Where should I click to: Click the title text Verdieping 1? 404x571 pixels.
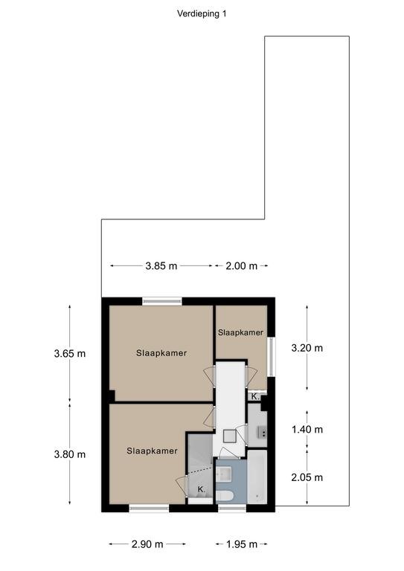click(x=202, y=14)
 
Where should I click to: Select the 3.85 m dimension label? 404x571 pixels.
click(x=161, y=266)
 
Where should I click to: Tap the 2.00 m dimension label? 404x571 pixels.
click(x=241, y=266)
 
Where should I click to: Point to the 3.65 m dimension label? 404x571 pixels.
click(x=70, y=354)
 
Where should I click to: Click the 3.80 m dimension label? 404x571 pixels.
click(x=70, y=454)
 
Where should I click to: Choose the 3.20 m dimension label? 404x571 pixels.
click(x=307, y=348)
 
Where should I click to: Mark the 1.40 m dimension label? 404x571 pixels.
click(x=307, y=430)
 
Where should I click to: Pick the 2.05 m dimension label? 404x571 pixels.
click(x=307, y=477)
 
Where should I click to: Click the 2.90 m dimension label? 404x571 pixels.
click(x=147, y=544)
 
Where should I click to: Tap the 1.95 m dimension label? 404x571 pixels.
click(x=242, y=544)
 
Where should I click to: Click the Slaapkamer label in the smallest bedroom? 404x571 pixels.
click(x=240, y=332)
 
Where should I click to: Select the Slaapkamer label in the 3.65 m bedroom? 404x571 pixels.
click(x=161, y=353)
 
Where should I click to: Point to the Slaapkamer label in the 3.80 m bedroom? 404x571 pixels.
click(x=152, y=451)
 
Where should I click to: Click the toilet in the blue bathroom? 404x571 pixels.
click(x=225, y=497)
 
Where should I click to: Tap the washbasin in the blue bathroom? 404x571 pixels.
click(x=223, y=474)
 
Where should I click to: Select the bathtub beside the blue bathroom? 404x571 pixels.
click(x=257, y=477)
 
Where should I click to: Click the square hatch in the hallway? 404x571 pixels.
click(x=230, y=436)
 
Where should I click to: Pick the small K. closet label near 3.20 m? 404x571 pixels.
click(x=255, y=396)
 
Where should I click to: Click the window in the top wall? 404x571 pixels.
click(x=162, y=301)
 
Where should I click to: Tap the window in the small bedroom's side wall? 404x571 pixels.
click(x=271, y=357)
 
